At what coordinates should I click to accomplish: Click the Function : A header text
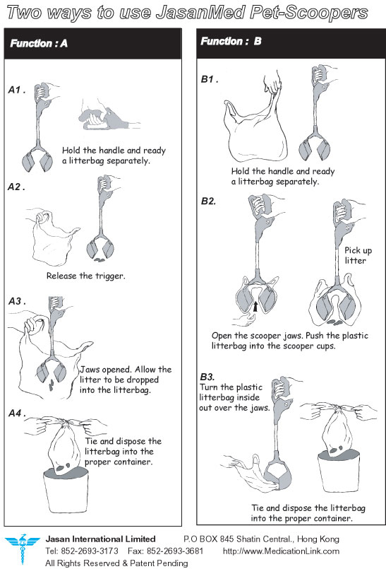pos(39,44)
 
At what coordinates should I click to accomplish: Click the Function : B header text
pos(231,41)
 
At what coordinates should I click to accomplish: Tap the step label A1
pos(17,90)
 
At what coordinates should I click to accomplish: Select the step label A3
pos(17,301)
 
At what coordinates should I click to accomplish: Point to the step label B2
pos(208,201)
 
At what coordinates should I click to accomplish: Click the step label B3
pos(207,377)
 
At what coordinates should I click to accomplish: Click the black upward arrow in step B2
pos(255,306)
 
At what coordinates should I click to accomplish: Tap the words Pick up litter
pos(358,255)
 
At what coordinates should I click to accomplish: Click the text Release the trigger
pos(86,276)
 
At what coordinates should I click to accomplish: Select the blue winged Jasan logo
pos(22,548)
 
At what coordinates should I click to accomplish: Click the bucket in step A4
pos(66,490)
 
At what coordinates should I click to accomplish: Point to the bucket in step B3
pos(339,471)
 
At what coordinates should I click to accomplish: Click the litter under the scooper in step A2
pos(99,260)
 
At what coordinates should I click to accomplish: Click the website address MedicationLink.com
pos(281,551)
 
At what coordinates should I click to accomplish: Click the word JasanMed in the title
pos(200,13)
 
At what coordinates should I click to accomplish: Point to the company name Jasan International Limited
pos(100,539)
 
